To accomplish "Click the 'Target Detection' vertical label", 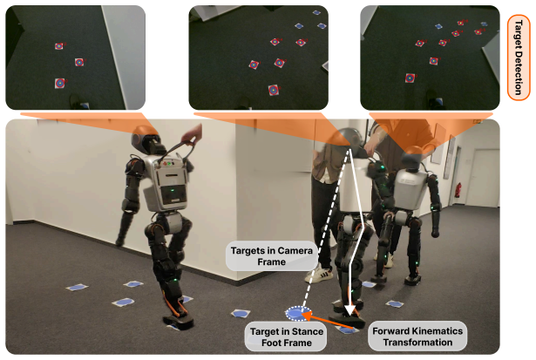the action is (x=519, y=58).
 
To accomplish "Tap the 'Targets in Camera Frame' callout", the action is (x=271, y=256).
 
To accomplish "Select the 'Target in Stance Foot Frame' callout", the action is (x=286, y=336).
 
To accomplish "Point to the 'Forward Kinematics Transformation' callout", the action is (x=417, y=336).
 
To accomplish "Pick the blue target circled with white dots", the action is (x=298, y=314).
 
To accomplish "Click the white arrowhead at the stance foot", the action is (x=349, y=310).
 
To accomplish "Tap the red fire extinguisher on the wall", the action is (x=458, y=190).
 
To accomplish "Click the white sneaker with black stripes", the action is (x=319, y=275).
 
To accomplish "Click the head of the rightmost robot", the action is (x=412, y=157).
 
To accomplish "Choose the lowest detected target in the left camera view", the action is (x=60, y=83).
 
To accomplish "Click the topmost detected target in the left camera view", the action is (x=58, y=46).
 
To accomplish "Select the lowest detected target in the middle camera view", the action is (x=273, y=90).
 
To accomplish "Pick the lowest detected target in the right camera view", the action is (x=410, y=78).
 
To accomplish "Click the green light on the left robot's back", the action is (x=173, y=190).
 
